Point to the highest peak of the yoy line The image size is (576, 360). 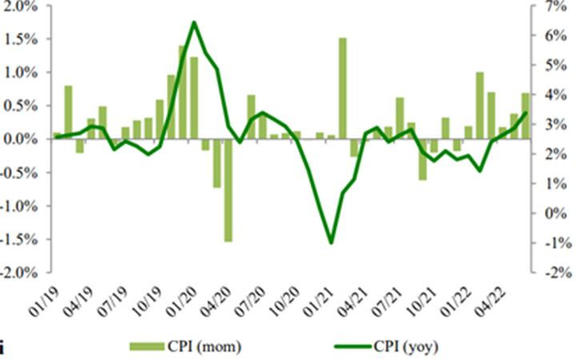coord(194,22)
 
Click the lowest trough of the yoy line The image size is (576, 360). coord(331,242)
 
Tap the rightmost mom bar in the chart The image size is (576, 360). coord(526,116)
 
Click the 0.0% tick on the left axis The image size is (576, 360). coord(22,139)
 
